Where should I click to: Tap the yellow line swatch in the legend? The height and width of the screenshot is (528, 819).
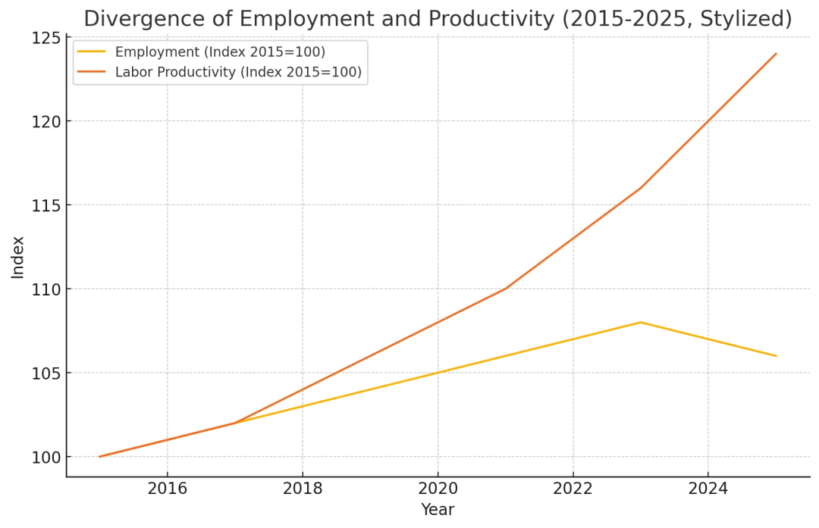[92, 52]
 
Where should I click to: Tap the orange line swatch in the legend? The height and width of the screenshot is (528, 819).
[92, 73]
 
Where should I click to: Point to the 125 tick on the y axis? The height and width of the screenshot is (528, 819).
[45, 37]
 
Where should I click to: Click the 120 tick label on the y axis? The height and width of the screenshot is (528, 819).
[45, 121]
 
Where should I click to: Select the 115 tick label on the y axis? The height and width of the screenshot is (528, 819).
[45, 205]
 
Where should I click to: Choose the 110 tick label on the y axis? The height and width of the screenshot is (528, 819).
[45, 289]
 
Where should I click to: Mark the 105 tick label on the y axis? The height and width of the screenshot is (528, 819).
[45, 373]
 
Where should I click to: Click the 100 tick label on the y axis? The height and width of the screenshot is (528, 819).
[45, 458]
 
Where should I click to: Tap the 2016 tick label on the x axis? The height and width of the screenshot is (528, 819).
[167, 489]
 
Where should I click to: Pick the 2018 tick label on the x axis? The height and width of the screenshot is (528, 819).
[303, 489]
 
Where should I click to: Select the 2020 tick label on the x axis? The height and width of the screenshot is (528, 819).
[438, 489]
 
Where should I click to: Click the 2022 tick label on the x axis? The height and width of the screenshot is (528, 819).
[573, 489]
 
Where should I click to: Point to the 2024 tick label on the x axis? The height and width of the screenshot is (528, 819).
[708, 489]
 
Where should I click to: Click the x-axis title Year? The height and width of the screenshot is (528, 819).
[438, 510]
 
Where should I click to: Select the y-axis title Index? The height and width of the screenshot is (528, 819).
[18, 257]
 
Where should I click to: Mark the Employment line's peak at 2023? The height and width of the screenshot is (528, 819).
[640, 322]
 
